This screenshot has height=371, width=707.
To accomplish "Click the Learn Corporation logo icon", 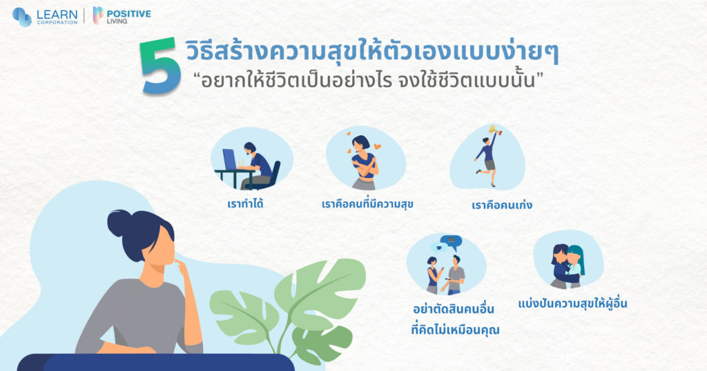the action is (21, 17).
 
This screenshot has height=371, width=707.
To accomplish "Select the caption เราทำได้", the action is (245, 204).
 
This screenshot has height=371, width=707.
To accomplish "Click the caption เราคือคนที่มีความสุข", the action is (367, 204).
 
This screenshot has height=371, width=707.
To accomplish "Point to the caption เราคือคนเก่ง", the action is (496, 205).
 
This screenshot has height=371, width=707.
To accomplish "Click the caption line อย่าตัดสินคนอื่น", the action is (454, 310).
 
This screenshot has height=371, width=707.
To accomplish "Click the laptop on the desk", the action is (230, 159).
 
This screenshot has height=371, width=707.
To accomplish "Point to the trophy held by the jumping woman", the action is (494, 130).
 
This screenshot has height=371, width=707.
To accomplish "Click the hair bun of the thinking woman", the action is (119, 223).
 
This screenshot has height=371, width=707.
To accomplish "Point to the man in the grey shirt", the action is (455, 274).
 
